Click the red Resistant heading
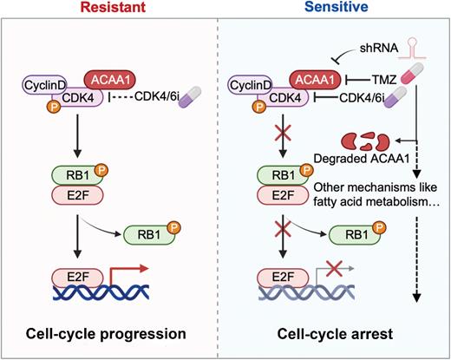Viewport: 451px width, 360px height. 114,10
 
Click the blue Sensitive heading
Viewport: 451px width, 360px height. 338,10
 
